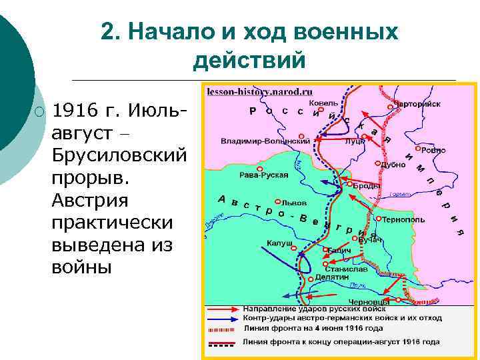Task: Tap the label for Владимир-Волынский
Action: pyautogui.click(x=265, y=141)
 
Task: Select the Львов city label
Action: pyautogui.click(x=294, y=201)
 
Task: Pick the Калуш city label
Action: pyautogui.click(x=279, y=243)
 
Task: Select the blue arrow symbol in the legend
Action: pyautogui.click(x=223, y=319)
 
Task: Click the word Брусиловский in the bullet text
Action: pyautogui.click(x=118, y=156)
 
